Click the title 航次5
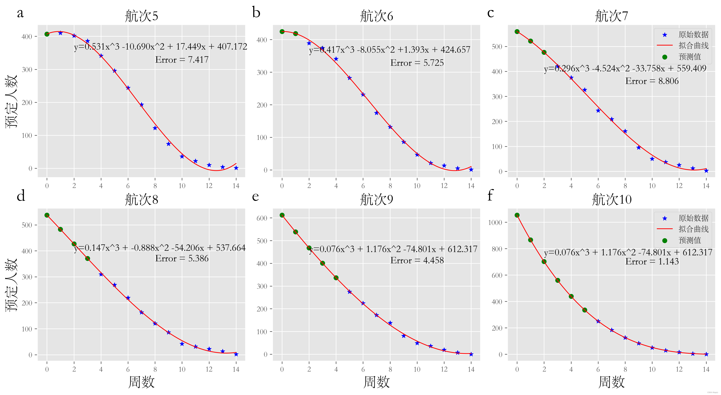(141, 16)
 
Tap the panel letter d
(21, 196)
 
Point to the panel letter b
(256, 13)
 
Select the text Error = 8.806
(652, 81)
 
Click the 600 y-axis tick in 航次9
(262, 218)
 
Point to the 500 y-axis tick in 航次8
(27, 225)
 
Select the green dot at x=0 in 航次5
(47, 34)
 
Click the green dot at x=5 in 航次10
(585, 310)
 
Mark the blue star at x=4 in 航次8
(101, 274)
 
